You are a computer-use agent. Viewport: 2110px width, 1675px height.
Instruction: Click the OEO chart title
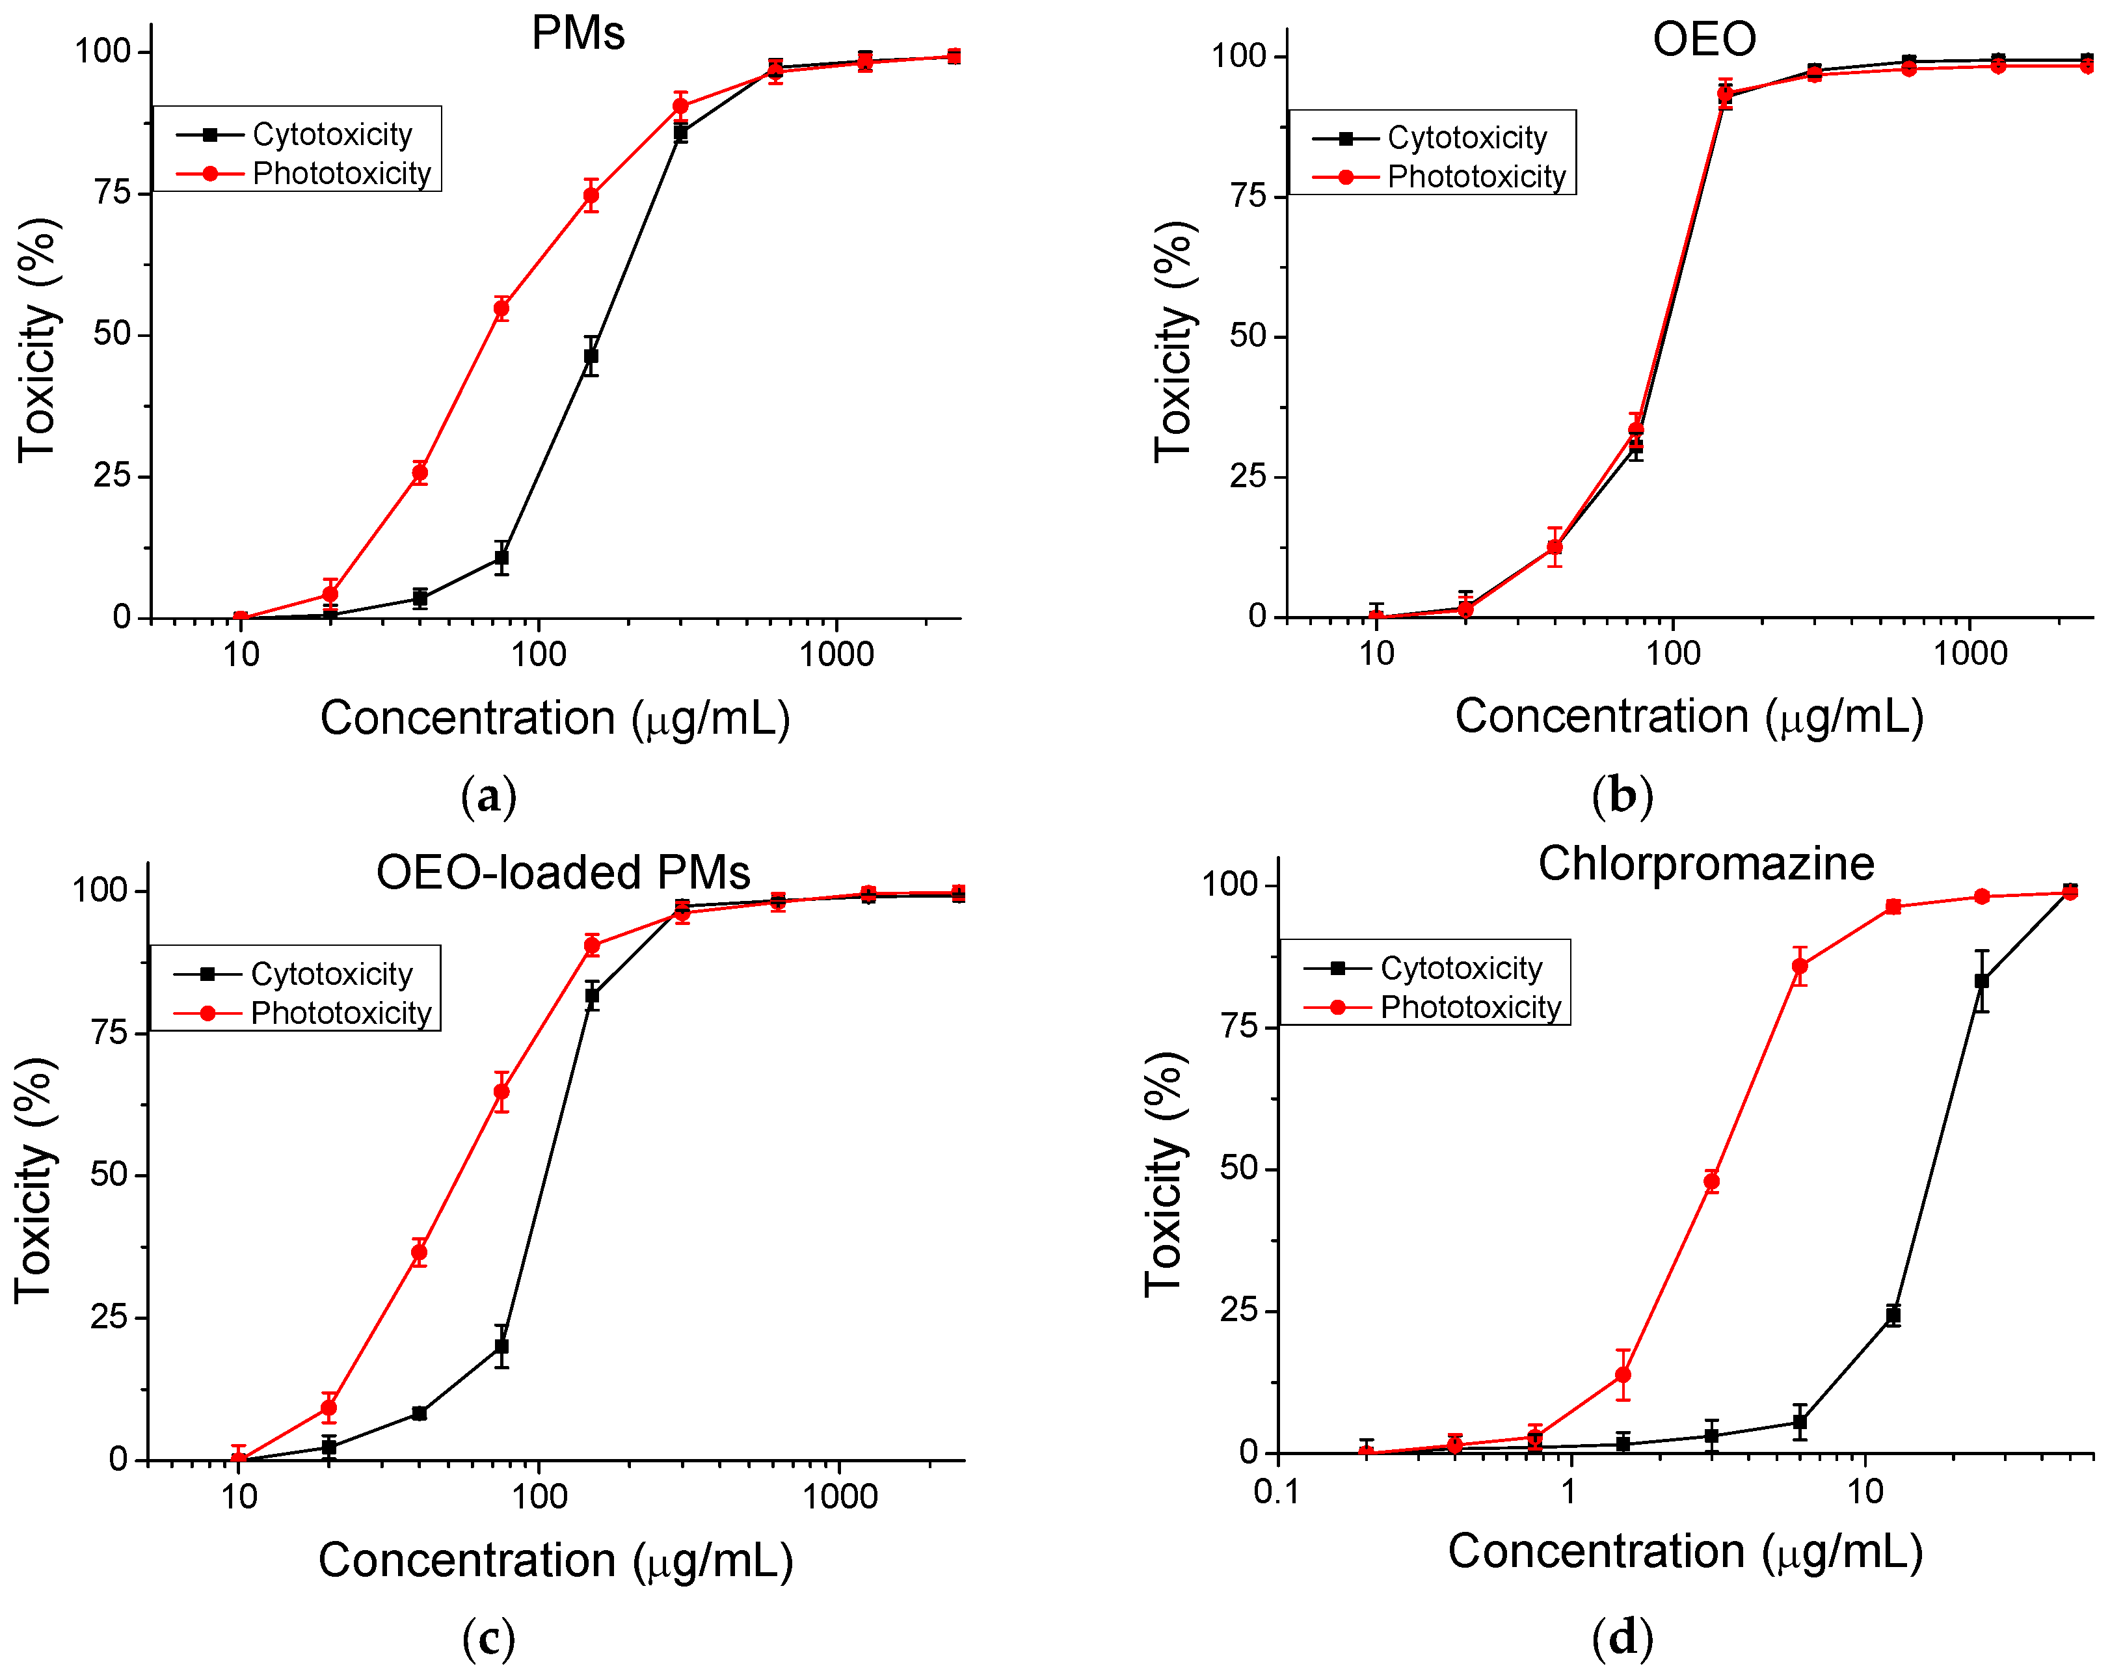click(1704, 39)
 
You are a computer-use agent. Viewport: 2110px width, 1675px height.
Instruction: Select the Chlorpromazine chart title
click(1706, 863)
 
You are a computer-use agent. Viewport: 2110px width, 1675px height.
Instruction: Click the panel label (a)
click(488, 796)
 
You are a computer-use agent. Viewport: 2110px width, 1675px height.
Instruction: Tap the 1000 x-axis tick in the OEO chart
click(1969, 653)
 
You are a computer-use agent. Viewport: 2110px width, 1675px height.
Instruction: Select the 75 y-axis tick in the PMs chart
click(112, 193)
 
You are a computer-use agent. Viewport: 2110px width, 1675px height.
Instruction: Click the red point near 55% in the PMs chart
click(501, 310)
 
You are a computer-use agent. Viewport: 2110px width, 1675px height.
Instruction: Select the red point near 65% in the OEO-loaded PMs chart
click(501, 1092)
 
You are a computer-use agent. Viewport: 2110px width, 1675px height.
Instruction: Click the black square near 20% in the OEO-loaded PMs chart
click(501, 1346)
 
